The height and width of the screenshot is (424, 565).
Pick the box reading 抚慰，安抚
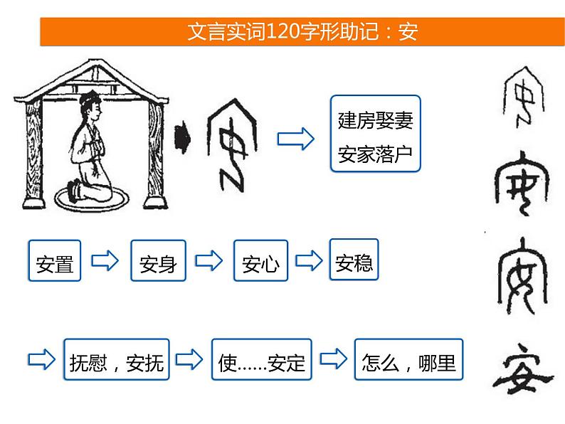tap(116, 363)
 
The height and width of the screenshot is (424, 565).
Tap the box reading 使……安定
tap(261, 363)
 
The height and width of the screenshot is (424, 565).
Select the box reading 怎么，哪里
tap(408, 363)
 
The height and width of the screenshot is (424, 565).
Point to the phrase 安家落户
tap(375, 154)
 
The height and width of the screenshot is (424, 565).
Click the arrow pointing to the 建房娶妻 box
tap(295, 139)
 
